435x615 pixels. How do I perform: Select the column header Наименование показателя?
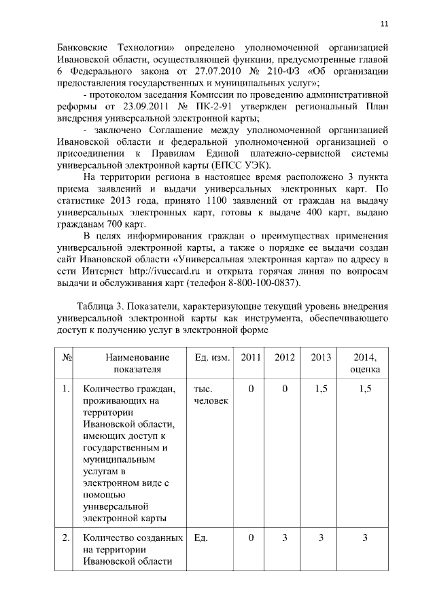133,364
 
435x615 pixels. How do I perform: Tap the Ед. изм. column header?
211,357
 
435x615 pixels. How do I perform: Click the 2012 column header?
285,357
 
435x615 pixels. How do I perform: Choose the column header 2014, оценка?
365,364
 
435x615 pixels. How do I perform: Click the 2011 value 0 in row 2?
251,538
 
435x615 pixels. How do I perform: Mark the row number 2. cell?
66,538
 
